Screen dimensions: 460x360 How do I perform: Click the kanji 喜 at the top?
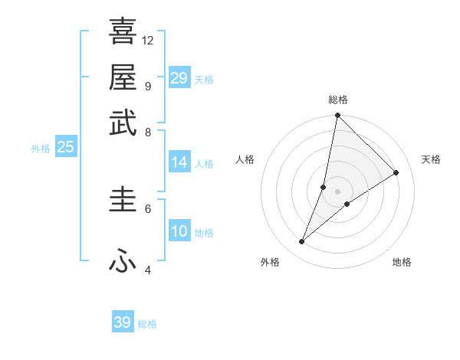[123, 31]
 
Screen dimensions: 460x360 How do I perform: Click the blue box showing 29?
[179, 78]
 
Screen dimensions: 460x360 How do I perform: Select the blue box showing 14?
[179, 162]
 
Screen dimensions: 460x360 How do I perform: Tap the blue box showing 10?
[179, 231]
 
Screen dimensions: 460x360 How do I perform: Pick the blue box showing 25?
[65, 147]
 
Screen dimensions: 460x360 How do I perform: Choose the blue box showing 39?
[123, 322]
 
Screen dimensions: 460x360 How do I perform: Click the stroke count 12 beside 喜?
[148, 40]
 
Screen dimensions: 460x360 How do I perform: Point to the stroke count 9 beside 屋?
[148, 86]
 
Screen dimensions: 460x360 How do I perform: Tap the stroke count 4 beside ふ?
[148, 270]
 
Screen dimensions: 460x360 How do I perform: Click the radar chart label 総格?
[338, 100]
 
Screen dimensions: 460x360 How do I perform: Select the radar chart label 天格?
[431, 159]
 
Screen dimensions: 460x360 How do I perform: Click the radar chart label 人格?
[245, 159]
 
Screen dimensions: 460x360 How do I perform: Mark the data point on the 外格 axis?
[302, 242]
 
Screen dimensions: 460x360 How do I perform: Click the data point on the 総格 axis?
[337, 116]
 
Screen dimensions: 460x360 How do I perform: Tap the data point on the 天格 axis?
[396, 173]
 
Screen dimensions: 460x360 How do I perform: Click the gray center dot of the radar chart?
[337, 191]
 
